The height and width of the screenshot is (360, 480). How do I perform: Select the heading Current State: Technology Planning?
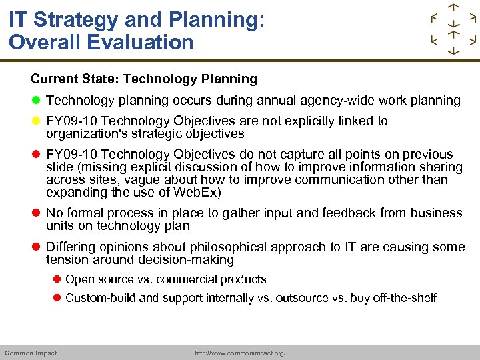(144, 79)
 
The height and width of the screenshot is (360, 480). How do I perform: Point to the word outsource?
(303, 298)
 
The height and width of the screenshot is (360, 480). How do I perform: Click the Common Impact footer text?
(31, 353)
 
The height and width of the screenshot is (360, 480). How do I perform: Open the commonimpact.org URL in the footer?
(240, 353)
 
